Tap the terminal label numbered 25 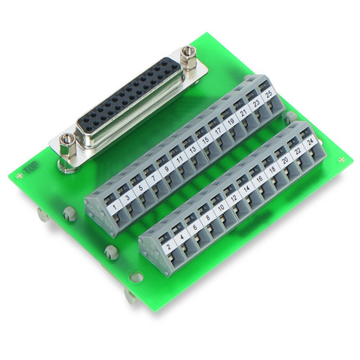click(x=268, y=95)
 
